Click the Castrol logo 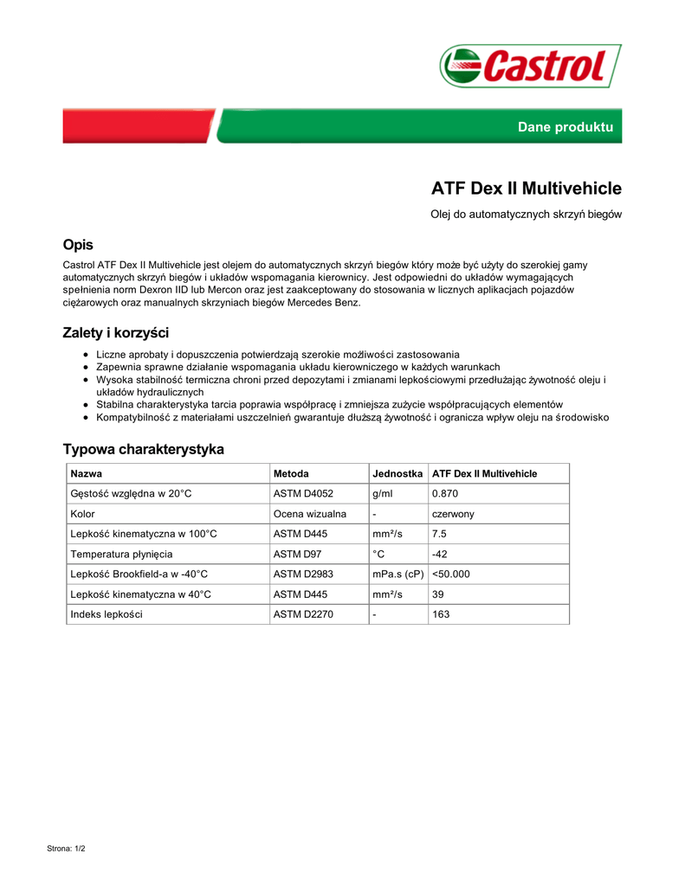(530, 66)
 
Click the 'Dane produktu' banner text (565, 127)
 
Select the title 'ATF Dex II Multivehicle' (527, 189)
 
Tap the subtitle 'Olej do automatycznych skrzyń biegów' (527, 214)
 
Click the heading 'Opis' (78, 245)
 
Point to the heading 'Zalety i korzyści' (115, 333)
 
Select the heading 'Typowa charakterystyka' (143, 449)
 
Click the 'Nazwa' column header (87, 474)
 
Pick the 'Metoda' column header (291, 474)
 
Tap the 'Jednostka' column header (397, 474)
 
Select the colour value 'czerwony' (453, 514)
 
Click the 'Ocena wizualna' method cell (310, 514)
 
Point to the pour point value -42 (440, 554)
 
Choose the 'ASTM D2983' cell (303, 574)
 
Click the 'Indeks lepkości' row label (107, 614)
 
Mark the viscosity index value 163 (441, 614)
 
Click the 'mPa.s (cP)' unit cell (397, 574)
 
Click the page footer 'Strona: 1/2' (66, 849)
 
